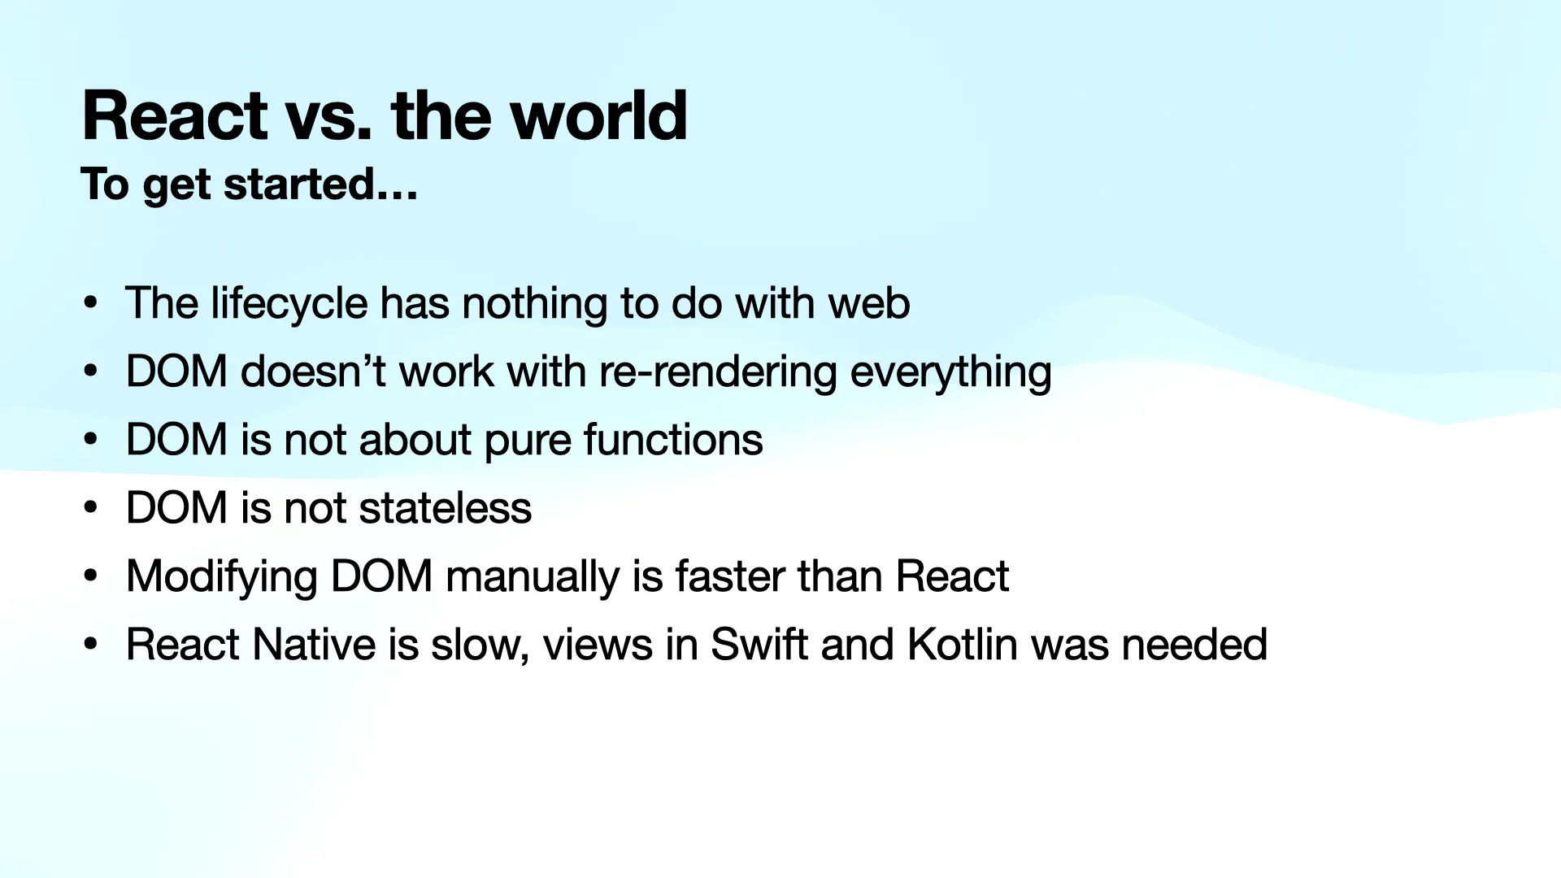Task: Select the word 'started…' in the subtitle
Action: click(320, 185)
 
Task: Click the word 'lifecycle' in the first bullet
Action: click(289, 304)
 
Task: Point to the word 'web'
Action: click(868, 303)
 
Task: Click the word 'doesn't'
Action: click(312, 372)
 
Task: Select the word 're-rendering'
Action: click(718, 372)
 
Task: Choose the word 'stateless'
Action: click(445, 508)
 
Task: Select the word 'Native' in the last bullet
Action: click(314, 645)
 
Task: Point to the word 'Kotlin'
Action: click(962, 645)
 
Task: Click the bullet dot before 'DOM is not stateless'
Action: click(91, 508)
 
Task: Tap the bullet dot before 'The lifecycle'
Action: click(91, 303)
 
